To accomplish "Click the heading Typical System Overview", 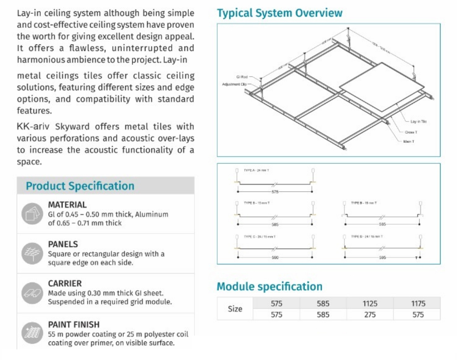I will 280,13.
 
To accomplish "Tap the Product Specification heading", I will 80,186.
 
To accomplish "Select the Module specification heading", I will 269,286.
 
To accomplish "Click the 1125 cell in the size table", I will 370,304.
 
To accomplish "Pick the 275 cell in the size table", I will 370,314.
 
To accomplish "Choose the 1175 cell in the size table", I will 418,304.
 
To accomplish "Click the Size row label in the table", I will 235,309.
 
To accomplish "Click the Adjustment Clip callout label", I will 235,84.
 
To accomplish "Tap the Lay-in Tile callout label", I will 418,122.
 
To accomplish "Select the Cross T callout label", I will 411,132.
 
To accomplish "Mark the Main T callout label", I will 409,141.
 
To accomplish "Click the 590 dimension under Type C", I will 275,257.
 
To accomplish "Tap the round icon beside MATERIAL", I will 31,214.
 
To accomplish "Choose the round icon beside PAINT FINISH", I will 31,333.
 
